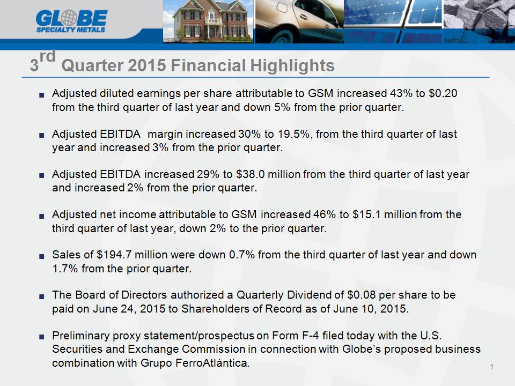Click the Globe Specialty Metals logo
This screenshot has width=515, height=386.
tap(71, 21)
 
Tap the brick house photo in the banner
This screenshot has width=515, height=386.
tap(208, 21)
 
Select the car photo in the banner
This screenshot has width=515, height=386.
tap(299, 21)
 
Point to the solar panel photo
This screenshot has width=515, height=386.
tap(393, 21)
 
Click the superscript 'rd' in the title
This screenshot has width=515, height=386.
tap(47, 56)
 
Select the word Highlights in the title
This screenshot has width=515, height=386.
tap(292, 65)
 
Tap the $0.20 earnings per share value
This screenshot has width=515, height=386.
tap(443, 93)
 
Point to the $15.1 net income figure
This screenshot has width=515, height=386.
tap(366, 214)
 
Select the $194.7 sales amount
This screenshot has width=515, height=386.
tap(114, 255)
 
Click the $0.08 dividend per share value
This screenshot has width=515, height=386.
tap(361, 295)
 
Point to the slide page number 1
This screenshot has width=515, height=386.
tap(492, 367)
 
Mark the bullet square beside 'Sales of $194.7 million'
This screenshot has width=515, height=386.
tap(41, 256)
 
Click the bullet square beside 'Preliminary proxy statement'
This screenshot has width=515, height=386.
tap(41, 337)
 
